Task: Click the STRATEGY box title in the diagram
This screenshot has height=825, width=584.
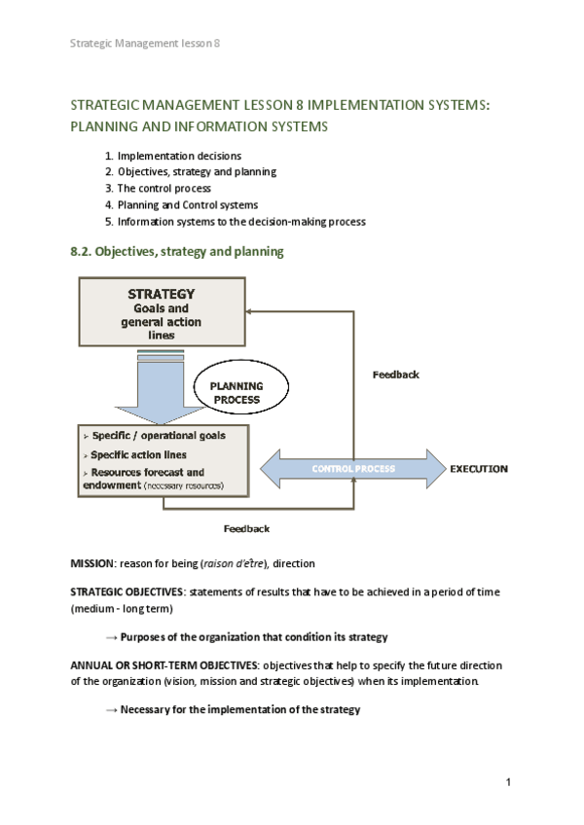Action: pyautogui.click(x=162, y=293)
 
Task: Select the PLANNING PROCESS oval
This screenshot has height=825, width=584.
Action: pyautogui.click(x=237, y=392)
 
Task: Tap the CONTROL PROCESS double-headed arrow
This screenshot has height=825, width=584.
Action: pyautogui.click(x=353, y=469)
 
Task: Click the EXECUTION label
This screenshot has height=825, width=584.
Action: pyautogui.click(x=478, y=469)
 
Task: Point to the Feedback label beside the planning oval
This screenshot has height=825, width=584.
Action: pyautogui.click(x=396, y=375)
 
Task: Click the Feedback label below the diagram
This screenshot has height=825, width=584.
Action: pyautogui.click(x=246, y=528)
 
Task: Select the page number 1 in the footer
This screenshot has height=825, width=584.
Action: pyautogui.click(x=508, y=782)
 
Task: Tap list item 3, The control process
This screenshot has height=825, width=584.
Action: pyautogui.click(x=164, y=188)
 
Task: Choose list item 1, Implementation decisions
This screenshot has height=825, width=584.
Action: pyautogui.click(x=179, y=156)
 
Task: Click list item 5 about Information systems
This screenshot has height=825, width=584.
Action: pyautogui.click(x=241, y=221)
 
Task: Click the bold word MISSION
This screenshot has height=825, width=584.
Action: pyautogui.click(x=91, y=563)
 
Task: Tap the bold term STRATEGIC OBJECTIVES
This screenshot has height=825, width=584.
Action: pyautogui.click(x=126, y=592)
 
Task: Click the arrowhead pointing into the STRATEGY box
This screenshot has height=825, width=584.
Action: pyautogui.click(x=251, y=311)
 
